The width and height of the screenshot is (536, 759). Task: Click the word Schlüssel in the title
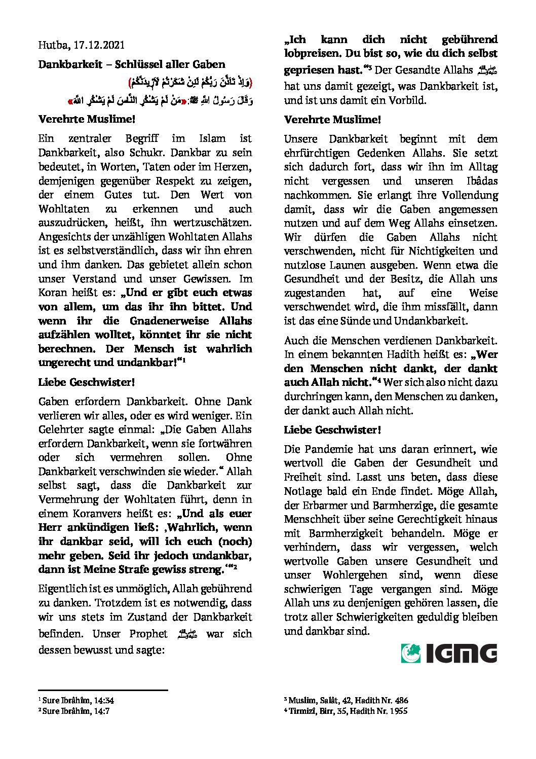coord(137,64)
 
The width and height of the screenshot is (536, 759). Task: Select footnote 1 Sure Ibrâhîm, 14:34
coord(77,701)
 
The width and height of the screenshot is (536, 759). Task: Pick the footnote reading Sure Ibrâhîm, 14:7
coord(75,711)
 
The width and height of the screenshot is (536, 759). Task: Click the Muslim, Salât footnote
coord(347,701)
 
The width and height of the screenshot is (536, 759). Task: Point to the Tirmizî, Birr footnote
coord(346,711)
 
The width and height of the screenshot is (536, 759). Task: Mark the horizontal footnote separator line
coord(103,690)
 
